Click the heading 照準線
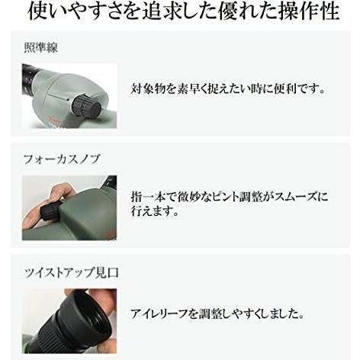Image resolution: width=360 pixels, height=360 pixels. (40, 48)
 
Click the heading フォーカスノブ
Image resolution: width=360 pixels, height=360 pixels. (62, 159)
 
